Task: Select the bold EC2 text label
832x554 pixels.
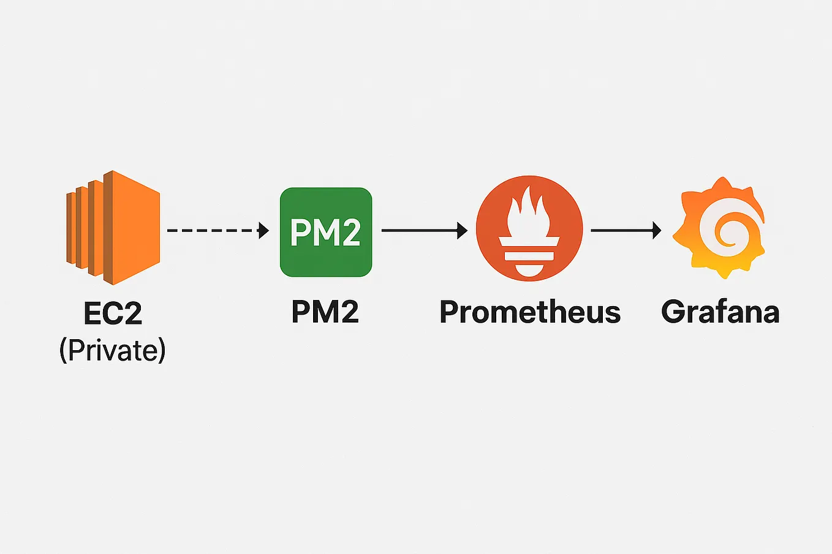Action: pos(113,313)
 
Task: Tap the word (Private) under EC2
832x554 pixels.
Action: pos(113,350)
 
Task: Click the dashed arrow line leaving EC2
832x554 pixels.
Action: pos(211,230)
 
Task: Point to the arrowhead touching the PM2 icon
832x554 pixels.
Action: pos(264,230)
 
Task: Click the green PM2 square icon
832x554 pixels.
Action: pos(326,232)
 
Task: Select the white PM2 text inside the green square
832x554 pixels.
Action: pos(325,232)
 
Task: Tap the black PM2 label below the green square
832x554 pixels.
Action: pos(325,312)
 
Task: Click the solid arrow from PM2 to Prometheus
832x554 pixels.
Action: pos(420,230)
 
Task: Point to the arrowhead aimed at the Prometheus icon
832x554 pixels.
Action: pos(463,230)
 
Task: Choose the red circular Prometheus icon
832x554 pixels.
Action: pos(529,228)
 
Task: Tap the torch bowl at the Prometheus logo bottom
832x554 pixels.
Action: pos(529,269)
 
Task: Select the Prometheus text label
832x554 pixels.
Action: pos(530,312)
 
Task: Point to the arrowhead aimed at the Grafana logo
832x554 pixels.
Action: pos(657,230)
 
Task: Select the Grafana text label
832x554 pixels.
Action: pos(720,312)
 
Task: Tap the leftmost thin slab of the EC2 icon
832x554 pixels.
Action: pos(70,228)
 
